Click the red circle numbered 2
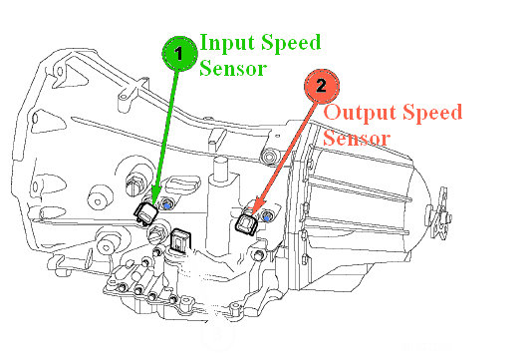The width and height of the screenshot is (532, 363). point(320,86)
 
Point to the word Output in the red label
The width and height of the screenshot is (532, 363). point(360,113)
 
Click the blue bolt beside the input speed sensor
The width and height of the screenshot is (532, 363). point(167,204)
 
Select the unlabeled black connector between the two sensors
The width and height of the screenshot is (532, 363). point(181,240)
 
